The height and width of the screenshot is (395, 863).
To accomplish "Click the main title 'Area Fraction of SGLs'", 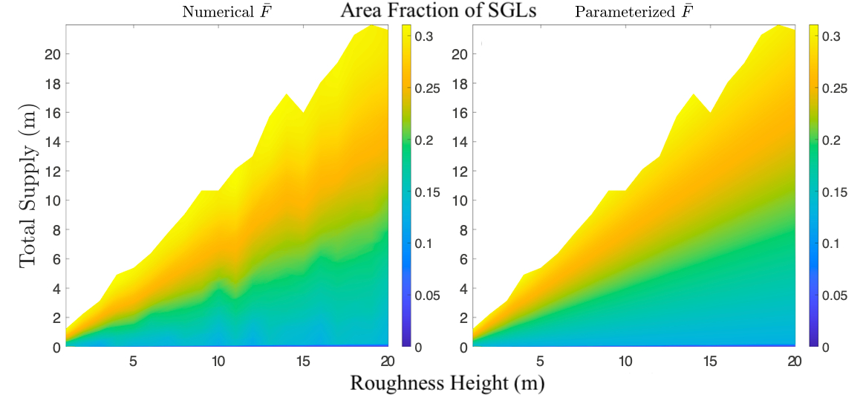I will click(437, 11).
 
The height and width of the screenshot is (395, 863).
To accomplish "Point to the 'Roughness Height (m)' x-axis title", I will click(447, 383).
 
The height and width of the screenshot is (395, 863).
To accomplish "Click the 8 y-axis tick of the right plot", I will click(463, 229).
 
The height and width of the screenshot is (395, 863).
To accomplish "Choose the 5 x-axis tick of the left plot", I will click(133, 361).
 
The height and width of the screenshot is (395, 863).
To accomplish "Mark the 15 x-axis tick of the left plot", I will click(303, 361).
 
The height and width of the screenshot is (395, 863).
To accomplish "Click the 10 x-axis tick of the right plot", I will click(625, 361).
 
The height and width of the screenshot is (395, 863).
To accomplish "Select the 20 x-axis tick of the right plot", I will click(794, 361).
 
